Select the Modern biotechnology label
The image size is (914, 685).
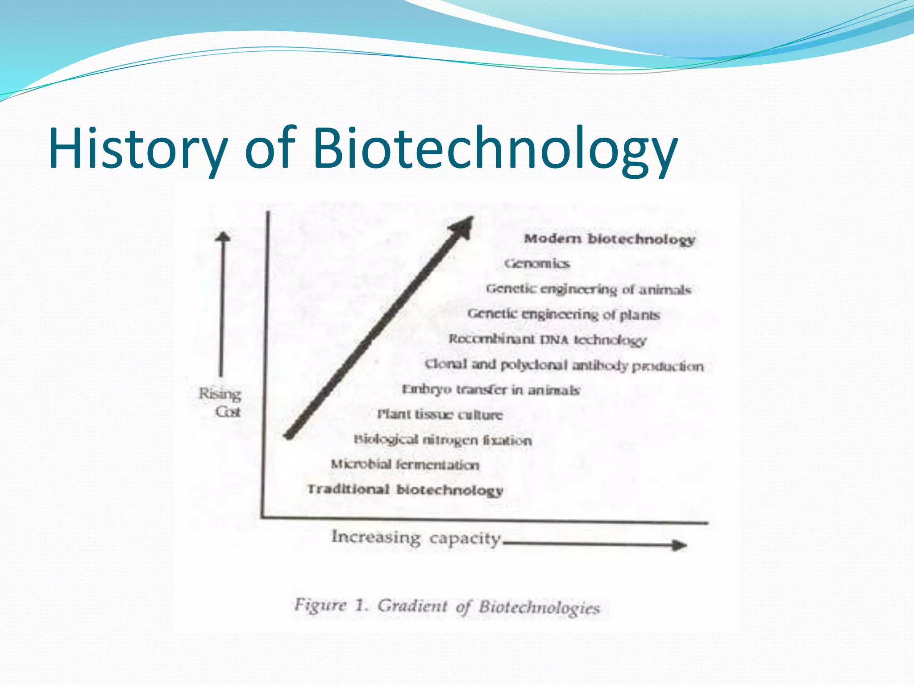point(609,239)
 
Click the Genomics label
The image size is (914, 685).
point(537,264)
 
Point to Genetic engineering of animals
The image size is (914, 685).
point(589,289)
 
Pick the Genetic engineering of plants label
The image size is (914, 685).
point(563,314)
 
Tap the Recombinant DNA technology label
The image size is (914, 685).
point(547,340)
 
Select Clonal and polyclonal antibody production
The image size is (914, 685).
point(564,365)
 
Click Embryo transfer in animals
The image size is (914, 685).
point(491,390)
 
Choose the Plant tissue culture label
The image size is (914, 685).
point(440,415)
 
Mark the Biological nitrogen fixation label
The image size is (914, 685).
point(443,440)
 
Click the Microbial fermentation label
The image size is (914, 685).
point(405,465)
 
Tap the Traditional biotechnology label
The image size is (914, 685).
point(405,490)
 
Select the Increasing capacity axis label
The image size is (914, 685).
point(416,537)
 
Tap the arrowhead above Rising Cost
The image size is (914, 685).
point(223,236)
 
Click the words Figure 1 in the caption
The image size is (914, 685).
point(330,606)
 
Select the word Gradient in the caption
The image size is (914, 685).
point(412,606)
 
